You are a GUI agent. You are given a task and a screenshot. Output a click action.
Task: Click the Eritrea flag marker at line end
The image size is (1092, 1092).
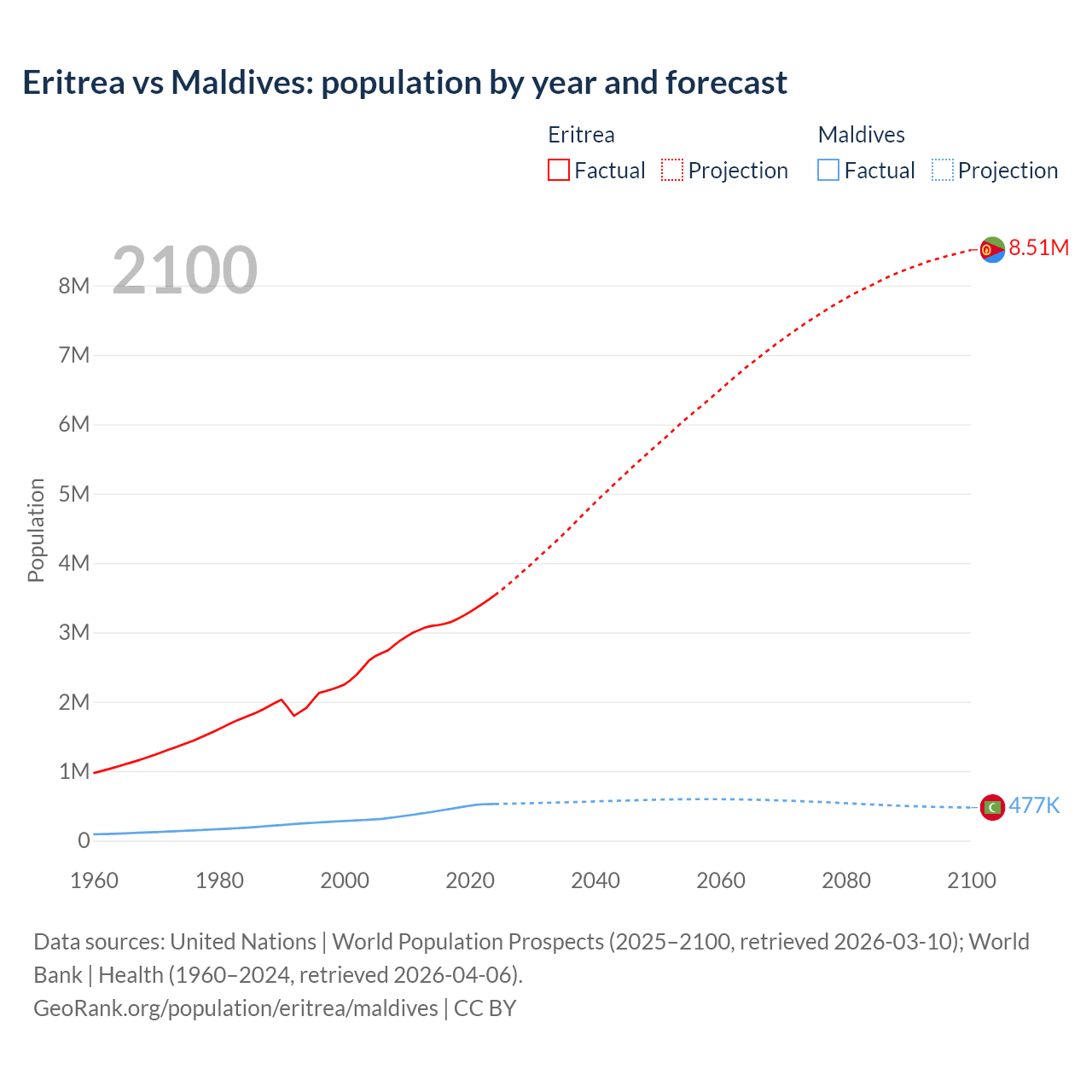(992, 249)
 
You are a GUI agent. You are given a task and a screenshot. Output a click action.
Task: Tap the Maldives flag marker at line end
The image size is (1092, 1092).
(992, 807)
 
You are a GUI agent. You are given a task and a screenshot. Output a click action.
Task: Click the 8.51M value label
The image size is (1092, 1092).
(1038, 247)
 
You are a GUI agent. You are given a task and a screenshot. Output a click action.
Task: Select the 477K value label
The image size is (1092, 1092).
(1034, 805)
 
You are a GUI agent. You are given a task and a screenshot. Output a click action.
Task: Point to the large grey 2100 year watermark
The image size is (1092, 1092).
(184, 270)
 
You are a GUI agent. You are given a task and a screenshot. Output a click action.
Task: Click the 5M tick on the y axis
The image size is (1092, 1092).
(74, 494)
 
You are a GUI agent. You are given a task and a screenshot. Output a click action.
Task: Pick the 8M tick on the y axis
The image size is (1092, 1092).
(74, 286)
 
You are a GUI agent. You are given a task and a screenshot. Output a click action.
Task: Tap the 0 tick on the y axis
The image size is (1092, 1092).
(84, 841)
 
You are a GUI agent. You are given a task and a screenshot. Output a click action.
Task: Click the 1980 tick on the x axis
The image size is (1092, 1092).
(219, 880)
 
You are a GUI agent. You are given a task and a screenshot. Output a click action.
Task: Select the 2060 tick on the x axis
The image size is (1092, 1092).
(721, 880)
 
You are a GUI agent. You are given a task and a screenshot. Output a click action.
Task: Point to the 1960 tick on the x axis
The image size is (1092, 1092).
(94, 880)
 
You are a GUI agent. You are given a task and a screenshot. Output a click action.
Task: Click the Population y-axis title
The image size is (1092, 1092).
(36, 530)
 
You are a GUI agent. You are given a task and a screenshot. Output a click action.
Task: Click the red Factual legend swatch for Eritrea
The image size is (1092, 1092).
(559, 170)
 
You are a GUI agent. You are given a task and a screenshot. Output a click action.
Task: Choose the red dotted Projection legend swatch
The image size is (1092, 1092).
(672, 170)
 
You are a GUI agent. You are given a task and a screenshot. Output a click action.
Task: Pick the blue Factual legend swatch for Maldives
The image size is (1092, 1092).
(828, 170)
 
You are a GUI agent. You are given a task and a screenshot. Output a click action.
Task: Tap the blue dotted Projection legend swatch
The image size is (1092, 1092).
(942, 170)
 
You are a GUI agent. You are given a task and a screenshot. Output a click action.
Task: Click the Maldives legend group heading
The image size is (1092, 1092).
(861, 135)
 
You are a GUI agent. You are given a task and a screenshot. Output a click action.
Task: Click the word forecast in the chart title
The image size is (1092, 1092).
(726, 83)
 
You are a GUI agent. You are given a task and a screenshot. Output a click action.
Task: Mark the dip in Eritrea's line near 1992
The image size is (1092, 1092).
(294, 715)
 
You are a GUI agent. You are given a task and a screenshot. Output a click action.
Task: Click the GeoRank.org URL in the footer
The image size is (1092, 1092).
(235, 1008)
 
